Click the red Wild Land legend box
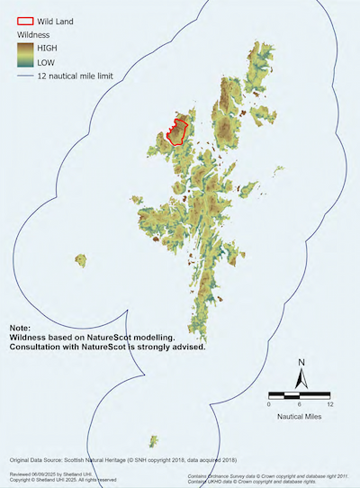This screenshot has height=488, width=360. [x=26, y=19]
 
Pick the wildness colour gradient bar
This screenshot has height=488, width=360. [x=26, y=53]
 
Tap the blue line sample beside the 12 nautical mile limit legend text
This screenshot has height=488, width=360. [x=25, y=78]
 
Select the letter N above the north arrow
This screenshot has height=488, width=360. [x=302, y=363]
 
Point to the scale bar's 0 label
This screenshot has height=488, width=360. [x=269, y=404]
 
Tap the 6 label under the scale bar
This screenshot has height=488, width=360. [x=300, y=404]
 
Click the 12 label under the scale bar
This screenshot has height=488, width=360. [x=330, y=404]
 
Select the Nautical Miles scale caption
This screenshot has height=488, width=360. [x=300, y=417]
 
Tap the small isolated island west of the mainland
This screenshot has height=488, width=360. [x=81, y=260]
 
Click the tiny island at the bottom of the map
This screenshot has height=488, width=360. [x=155, y=440]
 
